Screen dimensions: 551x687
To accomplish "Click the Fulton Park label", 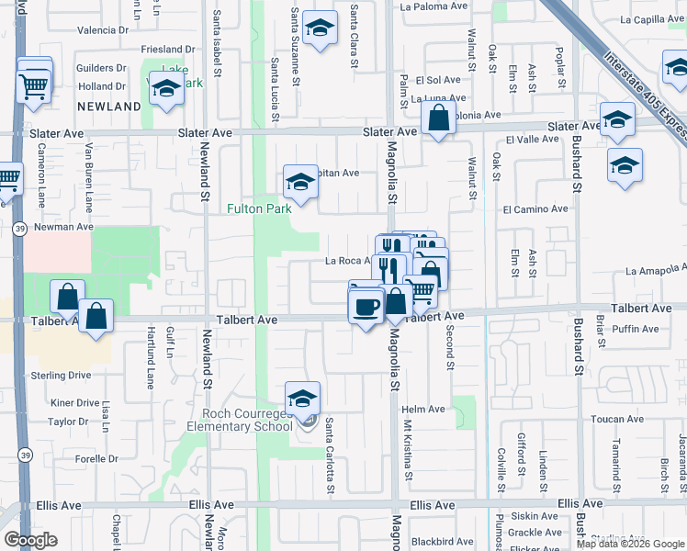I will coord(260,208).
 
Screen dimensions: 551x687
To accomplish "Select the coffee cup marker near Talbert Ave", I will coord(366,304).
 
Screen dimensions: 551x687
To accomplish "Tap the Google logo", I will coord(30,540).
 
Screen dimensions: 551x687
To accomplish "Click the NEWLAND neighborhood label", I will coord(109,107).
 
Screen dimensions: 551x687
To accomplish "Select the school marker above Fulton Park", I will coord(300,183).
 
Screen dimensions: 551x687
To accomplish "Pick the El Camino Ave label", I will coord(536,209).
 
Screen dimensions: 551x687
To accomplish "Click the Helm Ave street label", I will coord(423,410).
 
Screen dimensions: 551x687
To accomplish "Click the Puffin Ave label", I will coord(640,330).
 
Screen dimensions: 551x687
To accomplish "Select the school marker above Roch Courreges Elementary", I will coord(302,399).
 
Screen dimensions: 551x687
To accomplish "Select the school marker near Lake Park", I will coord(166,90).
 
